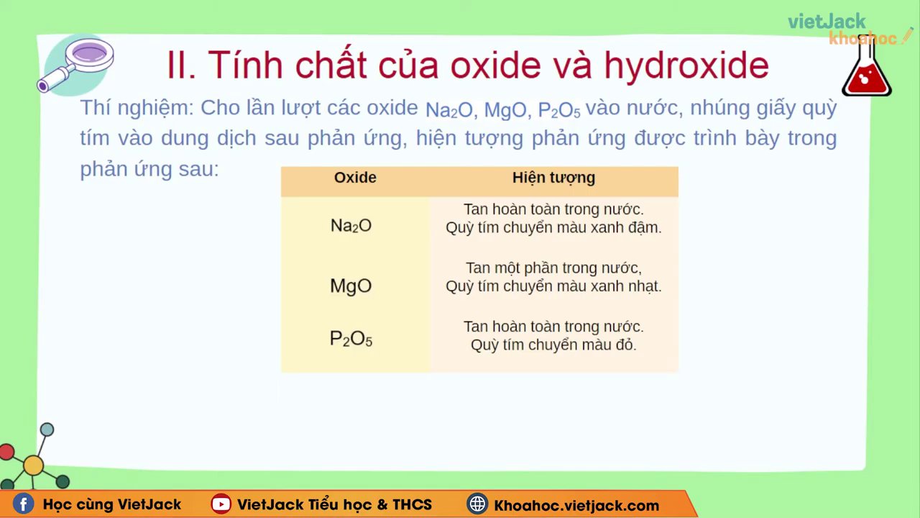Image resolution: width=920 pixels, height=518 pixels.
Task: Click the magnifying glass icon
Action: tap(76, 63)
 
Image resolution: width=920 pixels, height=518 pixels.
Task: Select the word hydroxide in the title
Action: tap(686, 65)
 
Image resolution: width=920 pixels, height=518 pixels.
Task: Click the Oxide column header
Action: tap(355, 178)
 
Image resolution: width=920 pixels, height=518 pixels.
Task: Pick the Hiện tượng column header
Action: tap(553, 178)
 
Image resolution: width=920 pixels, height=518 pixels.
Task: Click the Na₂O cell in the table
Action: tap(351, 226)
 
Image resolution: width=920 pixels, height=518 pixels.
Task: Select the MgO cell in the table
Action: tap(351, 286)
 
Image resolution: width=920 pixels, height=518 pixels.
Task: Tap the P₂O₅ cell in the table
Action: tap(351, 339)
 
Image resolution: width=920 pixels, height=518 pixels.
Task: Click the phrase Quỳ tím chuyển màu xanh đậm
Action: tap(553, 228)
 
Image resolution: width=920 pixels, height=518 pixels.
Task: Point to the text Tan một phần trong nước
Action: tap(553, 268)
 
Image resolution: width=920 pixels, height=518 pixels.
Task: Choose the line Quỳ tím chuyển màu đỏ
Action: tap(553, 345)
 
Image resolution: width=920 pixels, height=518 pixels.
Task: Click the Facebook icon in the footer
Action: tap(23, 504)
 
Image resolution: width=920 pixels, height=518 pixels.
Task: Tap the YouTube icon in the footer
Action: tap(221, 504)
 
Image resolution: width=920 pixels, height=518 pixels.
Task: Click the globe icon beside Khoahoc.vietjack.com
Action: tap(477, 504)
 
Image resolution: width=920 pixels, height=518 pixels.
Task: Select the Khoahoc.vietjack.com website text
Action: tap(576, 505)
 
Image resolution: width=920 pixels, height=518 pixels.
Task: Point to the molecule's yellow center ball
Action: tap(33, 465)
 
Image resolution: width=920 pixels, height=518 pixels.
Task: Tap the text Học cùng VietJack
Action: tap(112, 505)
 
